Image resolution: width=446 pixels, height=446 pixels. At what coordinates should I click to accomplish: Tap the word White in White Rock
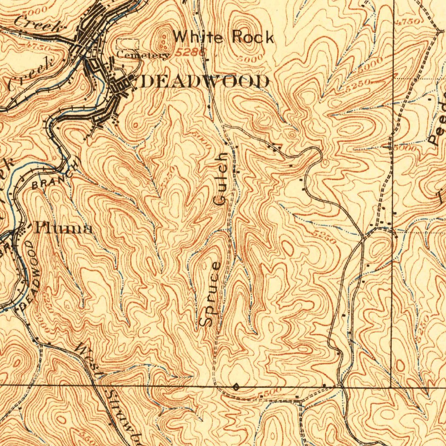click(x=199, y=37)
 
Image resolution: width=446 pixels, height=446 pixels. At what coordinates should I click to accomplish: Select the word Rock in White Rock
click(x=253, y=37)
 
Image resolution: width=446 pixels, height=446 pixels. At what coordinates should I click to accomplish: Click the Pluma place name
click(x=64, y=228)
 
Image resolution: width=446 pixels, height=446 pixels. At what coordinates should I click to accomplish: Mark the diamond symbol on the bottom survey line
click(x=236, y=386)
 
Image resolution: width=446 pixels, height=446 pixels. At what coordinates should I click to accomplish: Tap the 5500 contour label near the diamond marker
click(x=266, y=394)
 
